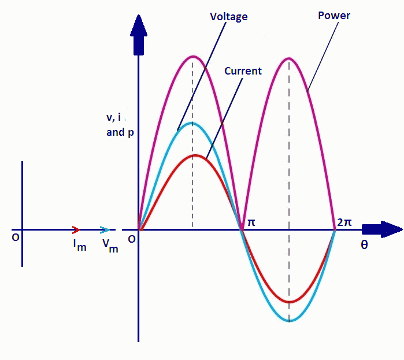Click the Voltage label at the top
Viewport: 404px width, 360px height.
tap(228, 17)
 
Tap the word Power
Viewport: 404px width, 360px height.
tap(334, 16)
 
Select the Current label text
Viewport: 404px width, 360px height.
tap(243, 71)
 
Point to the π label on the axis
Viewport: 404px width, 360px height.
tap(251, 222)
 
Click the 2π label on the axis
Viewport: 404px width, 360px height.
tap(344, 222)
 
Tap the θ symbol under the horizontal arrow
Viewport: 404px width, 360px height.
tap(364, 244)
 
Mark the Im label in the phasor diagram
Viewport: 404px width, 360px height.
tap(80, 246)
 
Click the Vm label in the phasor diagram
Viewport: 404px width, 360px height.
tap(110, 246)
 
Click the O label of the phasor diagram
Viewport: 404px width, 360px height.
tap(16, 237)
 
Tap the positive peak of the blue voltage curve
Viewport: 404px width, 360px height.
tap(193, 124)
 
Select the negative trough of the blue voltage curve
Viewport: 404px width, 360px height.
tap(289, 321)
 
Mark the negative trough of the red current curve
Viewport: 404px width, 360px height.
tap(289, 302)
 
